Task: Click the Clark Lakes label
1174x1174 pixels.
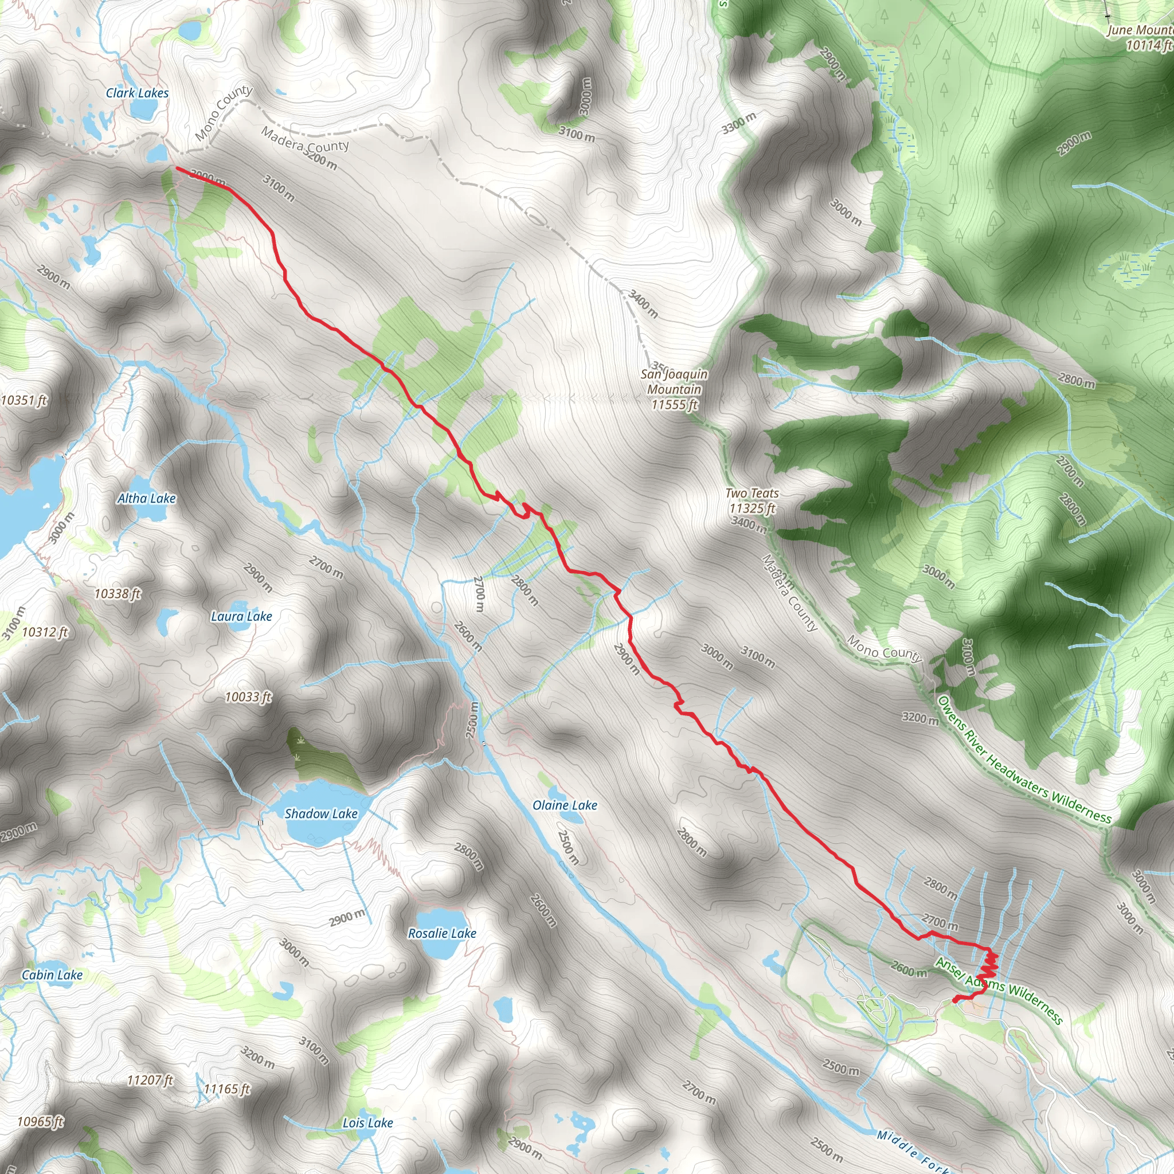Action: (137, 93)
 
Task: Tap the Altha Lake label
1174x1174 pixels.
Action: (146, 498)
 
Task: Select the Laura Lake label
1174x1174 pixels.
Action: (241, 616)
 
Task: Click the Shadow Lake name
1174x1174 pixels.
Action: (321, 813)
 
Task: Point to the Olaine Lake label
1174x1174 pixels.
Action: (565, 805)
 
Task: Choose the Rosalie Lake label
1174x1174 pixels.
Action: (442, 933)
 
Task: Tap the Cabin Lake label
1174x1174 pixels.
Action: (52, 975)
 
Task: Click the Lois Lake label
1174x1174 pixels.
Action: (367, 1123)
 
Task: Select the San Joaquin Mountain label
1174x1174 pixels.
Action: (674, 389)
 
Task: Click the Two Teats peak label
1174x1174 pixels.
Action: (752, 500)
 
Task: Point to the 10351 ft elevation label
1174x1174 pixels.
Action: (24, 400)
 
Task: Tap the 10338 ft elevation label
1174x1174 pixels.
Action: (118, 593)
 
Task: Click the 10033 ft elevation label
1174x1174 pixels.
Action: (248, 697)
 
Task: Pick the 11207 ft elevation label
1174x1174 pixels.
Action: (150, 1080)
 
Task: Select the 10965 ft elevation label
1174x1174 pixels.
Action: (40, 1122)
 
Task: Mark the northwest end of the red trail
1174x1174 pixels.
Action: (177, 168)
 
